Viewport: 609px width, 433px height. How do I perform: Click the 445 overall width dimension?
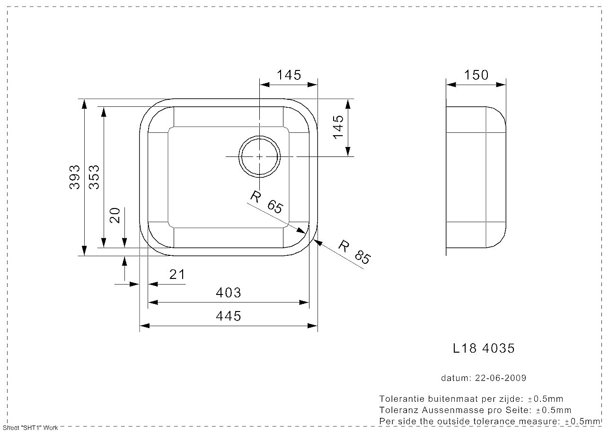[229, 316]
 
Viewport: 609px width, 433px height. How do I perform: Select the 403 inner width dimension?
[229, 293]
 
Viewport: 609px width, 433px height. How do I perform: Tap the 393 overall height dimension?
[74, 177]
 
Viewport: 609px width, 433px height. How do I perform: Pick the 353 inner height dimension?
[94, 177]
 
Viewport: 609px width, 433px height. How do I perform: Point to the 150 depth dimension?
[476, 75]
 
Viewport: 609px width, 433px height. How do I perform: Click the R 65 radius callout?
[266, 202]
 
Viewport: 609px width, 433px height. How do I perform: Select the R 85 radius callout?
[354, 252]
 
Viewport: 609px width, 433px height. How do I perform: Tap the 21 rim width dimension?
[177, 275]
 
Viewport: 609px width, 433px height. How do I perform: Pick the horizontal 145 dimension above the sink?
[289, 75]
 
